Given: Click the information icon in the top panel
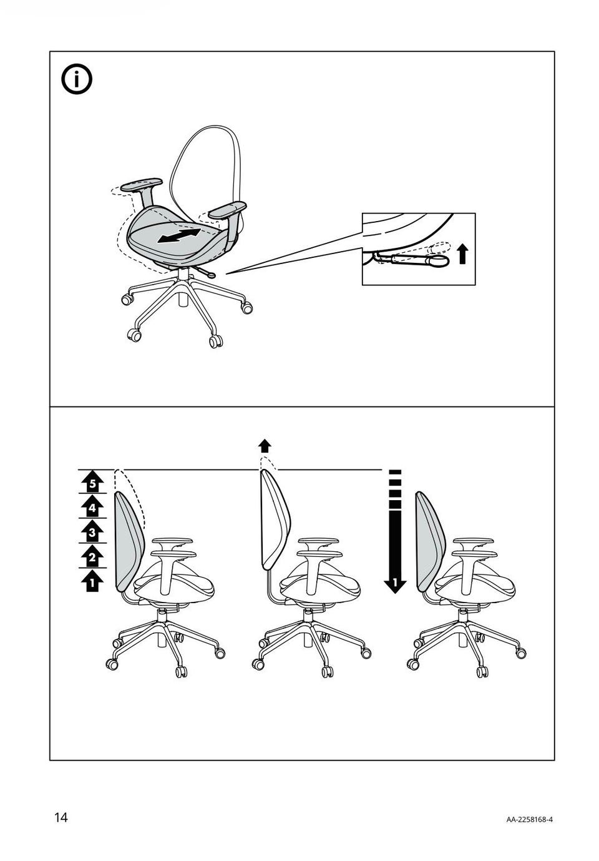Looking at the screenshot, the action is [77, 79].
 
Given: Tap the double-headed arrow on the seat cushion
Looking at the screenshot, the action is [179, 235].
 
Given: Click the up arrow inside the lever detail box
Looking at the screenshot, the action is [464, 255].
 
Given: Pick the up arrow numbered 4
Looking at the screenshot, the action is [92, 508].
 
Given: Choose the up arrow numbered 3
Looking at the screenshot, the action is [92, 532].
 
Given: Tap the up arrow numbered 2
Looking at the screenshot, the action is [92, 556].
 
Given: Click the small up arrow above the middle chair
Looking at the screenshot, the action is [265, 446].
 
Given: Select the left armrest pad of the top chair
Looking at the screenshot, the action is [142, 184].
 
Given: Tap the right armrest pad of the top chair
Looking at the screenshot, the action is [227, 210].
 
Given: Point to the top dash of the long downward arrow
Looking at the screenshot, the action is [395, 472].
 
